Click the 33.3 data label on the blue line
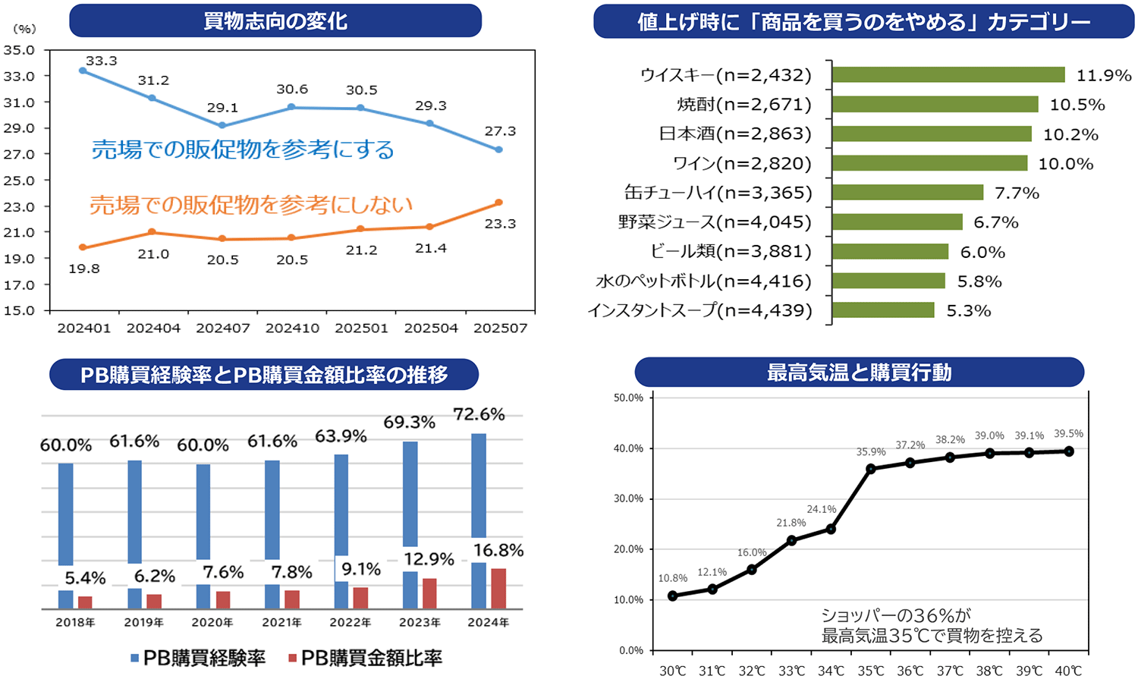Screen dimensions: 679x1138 point(101,61)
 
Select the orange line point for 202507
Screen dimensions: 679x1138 point(498,203)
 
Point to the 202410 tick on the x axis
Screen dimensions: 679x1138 point(292,328)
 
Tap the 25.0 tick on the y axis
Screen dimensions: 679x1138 point(19,181)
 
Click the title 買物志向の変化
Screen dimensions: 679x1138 point(275,20)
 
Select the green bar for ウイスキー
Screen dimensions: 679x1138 point(948,74)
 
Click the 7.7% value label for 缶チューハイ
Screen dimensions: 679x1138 point(1017,193)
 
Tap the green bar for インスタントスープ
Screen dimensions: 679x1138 point(883,310)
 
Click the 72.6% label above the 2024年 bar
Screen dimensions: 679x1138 point(479,414)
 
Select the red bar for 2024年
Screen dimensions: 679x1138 point(498,588)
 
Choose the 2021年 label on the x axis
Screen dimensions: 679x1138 point(281,623)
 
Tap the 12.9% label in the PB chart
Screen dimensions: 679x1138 point(429,560)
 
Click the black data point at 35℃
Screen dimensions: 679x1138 point(871,469)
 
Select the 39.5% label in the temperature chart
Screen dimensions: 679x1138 point(1068,434)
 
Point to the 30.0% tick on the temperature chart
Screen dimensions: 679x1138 point(628,498)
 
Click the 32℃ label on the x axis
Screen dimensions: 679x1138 point(752,671)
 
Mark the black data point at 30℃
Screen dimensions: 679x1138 point(673,596)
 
